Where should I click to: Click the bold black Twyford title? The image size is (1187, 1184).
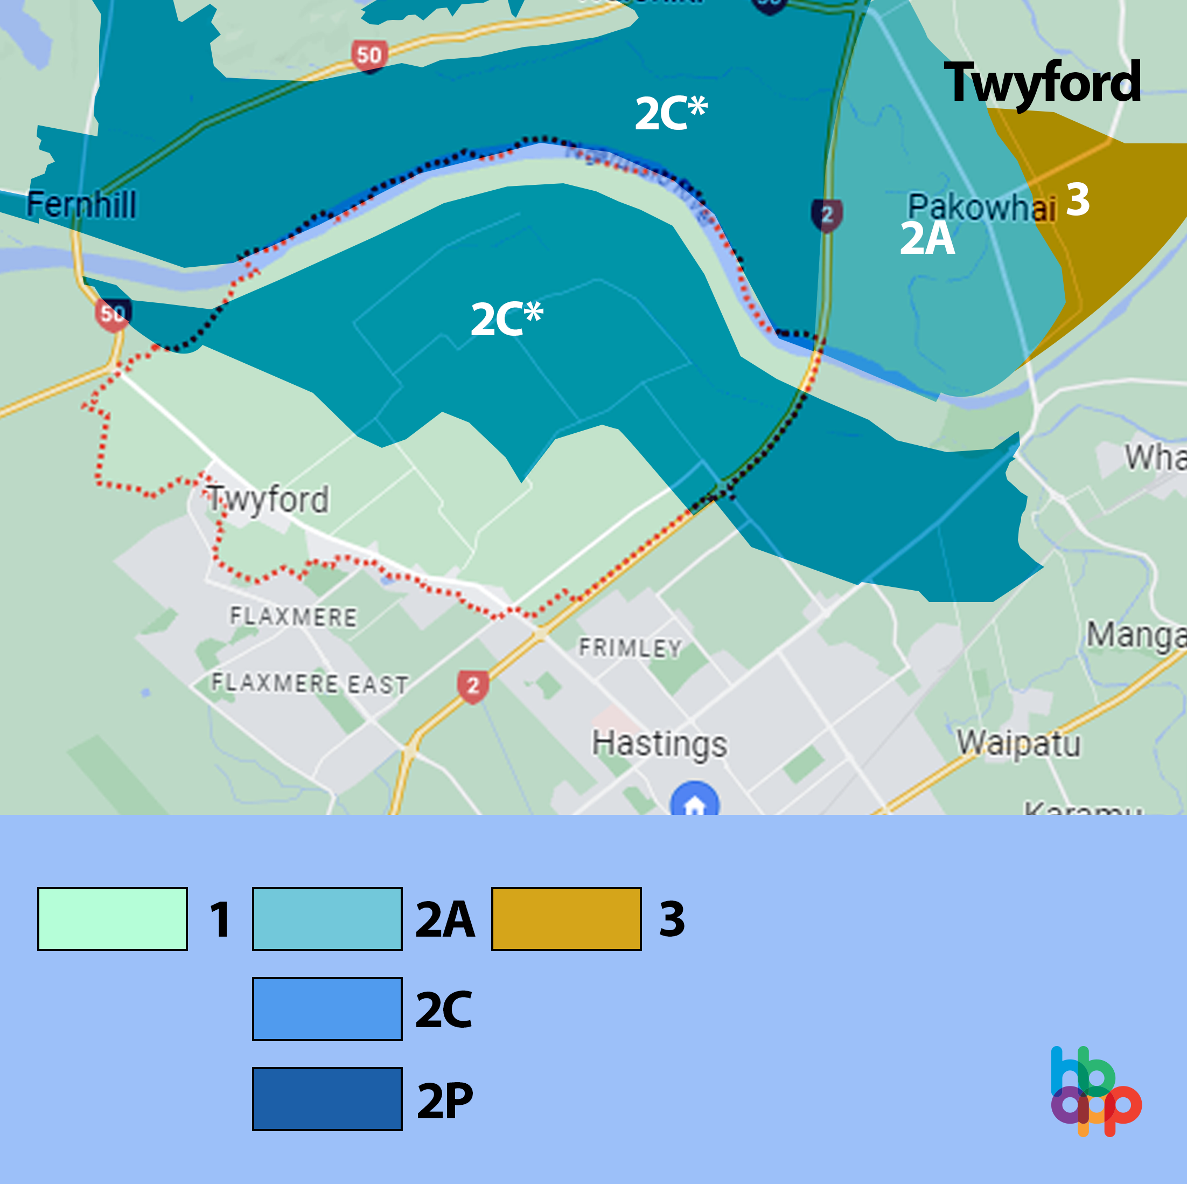[x=1042, y=83]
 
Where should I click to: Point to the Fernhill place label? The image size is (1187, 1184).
[x=81, y=205]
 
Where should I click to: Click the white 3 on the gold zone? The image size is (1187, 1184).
[x=1078, y=200]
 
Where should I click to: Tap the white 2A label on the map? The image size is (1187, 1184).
[x=926, y=239]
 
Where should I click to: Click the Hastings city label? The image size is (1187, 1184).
[x=659, y=743]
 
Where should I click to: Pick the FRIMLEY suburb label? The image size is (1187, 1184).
[x=630, y=648]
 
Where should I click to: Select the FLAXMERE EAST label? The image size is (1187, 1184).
[x=310, y=683]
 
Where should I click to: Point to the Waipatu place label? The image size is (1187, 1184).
[x=1018, y=743]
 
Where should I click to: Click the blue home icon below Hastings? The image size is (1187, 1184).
[x=694, y=801]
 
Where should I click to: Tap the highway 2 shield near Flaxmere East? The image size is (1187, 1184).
[x=472, y=686]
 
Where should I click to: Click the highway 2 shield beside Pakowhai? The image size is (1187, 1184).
[x=827, y=214]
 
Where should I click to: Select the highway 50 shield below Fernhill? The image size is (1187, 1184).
[x=113, y=314]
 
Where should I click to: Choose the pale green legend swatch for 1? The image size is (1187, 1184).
[x=113, y=919]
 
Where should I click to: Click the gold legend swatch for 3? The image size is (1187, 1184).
[x=566, y=919]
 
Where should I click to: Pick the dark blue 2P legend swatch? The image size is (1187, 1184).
[x=327, y=1098]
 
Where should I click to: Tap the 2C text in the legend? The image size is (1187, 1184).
[x=444, y=1009]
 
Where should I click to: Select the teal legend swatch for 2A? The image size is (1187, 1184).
[x=327, y=919]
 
